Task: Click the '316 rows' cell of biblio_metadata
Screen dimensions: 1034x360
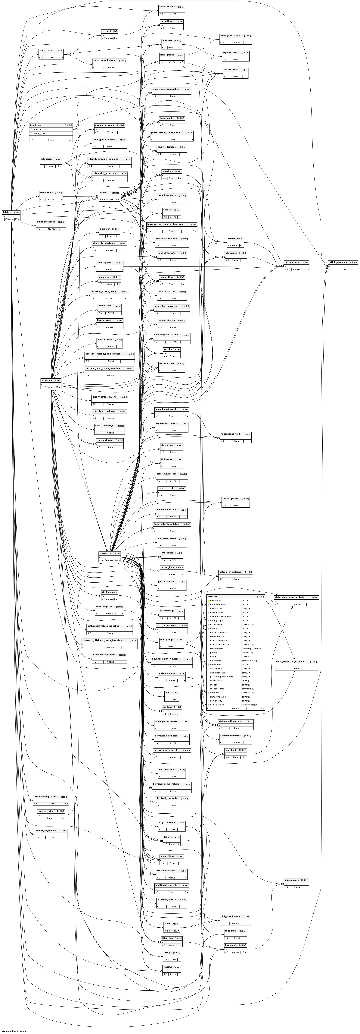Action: [x=52, y=229]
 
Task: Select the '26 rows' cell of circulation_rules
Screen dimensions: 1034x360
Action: [x=110, y=132]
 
